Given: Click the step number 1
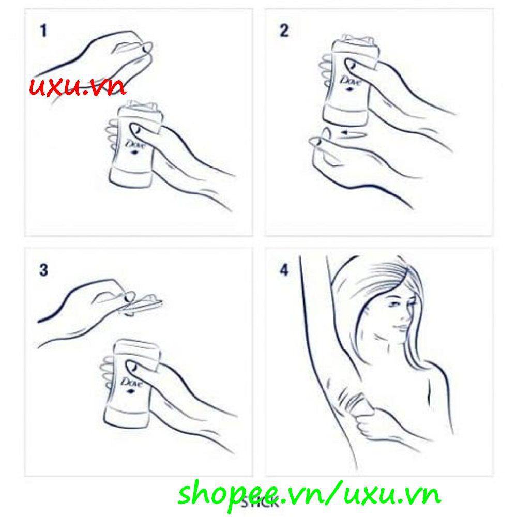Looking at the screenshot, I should [43, 31].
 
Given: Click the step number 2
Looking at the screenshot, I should [284, 31].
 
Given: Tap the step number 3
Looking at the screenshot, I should [43, 270].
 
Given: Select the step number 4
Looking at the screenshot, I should [284, 270].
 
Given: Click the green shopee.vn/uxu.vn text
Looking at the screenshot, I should [309, 493].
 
